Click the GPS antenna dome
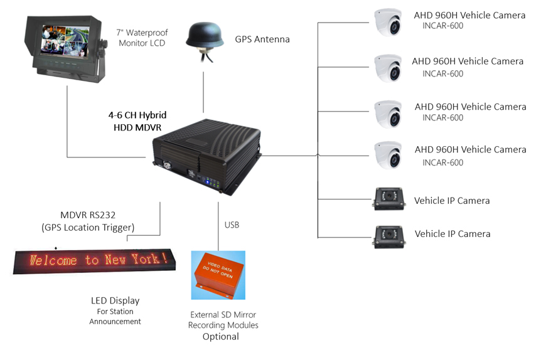[205, 36]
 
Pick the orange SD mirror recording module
[218, 275]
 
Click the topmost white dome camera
[388, 23]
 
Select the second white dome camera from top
[388, 68]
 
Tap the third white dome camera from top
[388, 112]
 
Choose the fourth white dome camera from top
[388, 155]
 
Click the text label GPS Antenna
[262, 40]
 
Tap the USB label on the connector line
[232, 224]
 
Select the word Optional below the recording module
[220, 337]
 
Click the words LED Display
[115, 301]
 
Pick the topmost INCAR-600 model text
[442, 26]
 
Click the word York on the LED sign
[151, 258]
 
